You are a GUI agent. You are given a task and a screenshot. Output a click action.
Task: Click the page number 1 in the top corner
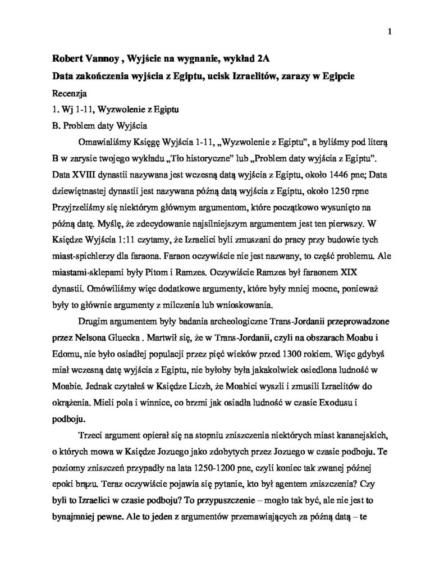[389, 31]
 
